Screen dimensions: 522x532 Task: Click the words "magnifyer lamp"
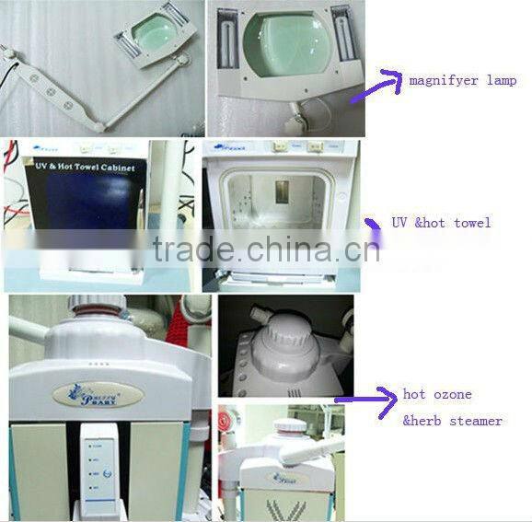tap(462, 81)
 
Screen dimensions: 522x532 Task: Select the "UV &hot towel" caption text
tap(441, 223)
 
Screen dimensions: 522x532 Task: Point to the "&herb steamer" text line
tap(452, 421)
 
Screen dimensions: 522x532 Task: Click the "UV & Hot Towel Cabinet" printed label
tap(85, 168)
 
